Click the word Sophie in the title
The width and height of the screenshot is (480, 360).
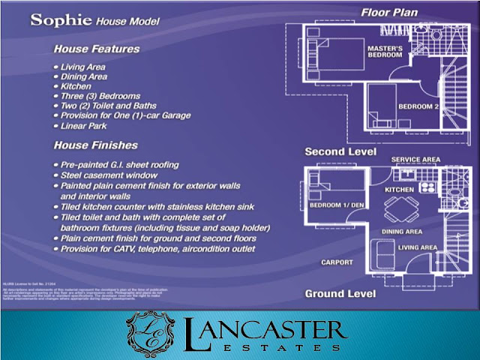pyautogui.click(x=61, y=19)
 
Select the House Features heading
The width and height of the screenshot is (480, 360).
pyautogui.click(x=97, y=49)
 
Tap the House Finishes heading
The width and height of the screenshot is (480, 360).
pyautogui.click(x=95, y=145)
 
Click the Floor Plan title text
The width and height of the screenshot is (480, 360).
pyautogui.click(x=388, y=12)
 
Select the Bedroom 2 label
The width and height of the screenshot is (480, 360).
pyautogui.click(x=416, y=106)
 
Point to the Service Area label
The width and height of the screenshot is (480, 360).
pyautogui.click(x=415, y=159)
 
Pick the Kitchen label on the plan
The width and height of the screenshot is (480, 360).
pyautogui.click(x=400, y=190)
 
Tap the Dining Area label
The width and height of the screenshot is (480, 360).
pyautogui.click(x=402, y=232)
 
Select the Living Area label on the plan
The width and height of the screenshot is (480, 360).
pyautogui.click(x=418, y=247)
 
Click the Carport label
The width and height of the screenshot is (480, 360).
pyautogui.click(x=337, y=262)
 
